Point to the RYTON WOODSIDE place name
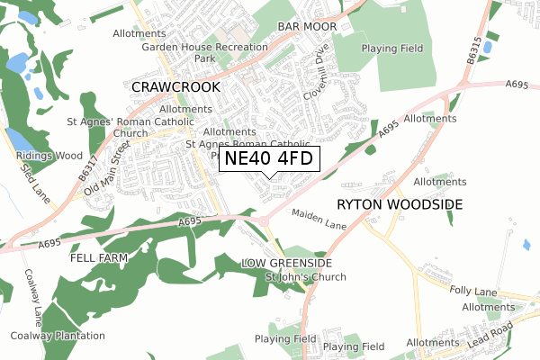[400, 204]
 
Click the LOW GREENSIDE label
[287, 263]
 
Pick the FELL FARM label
[98, 257]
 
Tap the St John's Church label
[305, 276]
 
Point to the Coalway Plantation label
[58, 336]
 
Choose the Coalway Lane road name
[32, 298]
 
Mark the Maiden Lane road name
[319, 217]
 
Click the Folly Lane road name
[473, 292]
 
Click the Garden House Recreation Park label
[205, 52]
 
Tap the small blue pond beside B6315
[487, 46]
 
